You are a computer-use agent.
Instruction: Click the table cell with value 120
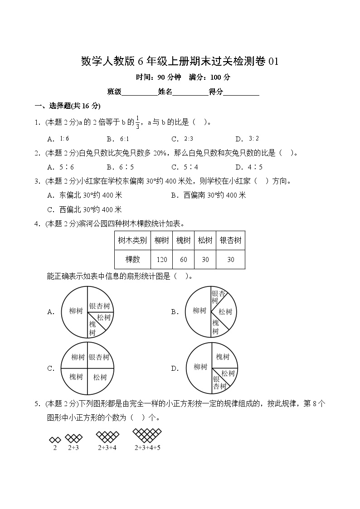(161, 260)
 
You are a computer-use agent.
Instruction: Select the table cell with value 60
(183, 260)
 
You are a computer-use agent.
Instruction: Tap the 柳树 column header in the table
(161, 240)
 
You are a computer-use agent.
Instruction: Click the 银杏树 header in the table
(230, 240)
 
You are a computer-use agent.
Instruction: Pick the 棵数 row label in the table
(132, 260)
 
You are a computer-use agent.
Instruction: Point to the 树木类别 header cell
(132, 240)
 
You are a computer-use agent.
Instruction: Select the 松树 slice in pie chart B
(225, 312)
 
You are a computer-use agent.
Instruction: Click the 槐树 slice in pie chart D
(223, 357)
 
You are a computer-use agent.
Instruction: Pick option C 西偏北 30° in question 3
(84, 209)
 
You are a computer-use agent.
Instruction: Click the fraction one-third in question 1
(137, 122)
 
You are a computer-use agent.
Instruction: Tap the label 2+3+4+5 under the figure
(147, 448)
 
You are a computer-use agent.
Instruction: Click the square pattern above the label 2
(54, 439)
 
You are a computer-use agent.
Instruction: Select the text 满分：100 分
(210, 77)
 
